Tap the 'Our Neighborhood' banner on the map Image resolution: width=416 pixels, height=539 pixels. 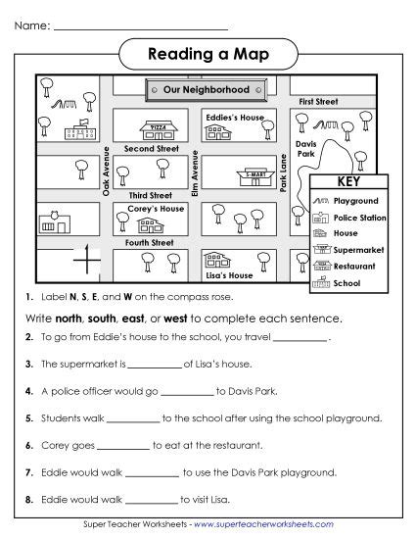207,89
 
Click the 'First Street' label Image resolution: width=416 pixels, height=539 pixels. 319,102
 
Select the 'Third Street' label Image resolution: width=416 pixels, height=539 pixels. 150,195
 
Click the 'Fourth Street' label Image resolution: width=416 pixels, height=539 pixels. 150,242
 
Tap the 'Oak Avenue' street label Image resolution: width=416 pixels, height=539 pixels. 106,171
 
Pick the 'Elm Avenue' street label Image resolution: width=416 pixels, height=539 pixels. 196,171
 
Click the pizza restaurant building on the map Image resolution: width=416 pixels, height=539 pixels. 157,128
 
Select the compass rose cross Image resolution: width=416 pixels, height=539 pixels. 87,261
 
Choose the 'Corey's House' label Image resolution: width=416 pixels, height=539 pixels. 156,209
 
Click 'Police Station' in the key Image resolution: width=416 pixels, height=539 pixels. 359,217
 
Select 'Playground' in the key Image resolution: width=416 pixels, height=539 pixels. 355,200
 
